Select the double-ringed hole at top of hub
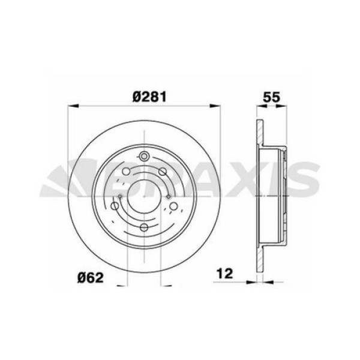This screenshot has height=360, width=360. pos(144,157)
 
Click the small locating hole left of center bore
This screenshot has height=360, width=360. pos(120,196)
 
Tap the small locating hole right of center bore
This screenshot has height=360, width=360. pos(170,196)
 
